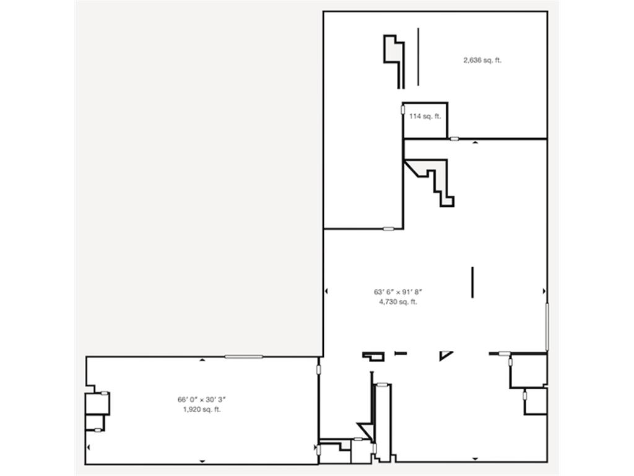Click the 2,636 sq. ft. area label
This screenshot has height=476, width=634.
coord(482,60)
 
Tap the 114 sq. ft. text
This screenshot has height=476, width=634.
coord(425,116)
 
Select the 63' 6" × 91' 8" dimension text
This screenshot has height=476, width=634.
coord(398,291)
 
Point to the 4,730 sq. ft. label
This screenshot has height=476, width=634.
coord(398,302)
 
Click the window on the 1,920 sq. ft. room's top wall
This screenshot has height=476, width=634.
coord(243,356)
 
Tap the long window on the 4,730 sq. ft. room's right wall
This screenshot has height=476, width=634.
coord(547,326)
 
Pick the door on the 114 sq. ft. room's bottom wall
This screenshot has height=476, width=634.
coord(454,138)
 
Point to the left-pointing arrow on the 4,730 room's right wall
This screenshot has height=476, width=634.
coord(544,291)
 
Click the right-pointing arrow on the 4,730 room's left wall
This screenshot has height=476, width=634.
coord(326,291)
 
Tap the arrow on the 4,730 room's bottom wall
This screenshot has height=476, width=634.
coord(475,459)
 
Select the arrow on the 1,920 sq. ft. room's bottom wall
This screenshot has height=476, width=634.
coord(202,461)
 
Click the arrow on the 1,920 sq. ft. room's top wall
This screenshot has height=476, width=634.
coord(202,359)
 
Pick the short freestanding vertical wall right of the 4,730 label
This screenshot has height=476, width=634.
coord(473,282)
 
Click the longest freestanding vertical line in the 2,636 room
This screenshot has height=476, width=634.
coord(418,56)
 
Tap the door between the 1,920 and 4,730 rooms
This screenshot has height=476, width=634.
coord(319,369)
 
